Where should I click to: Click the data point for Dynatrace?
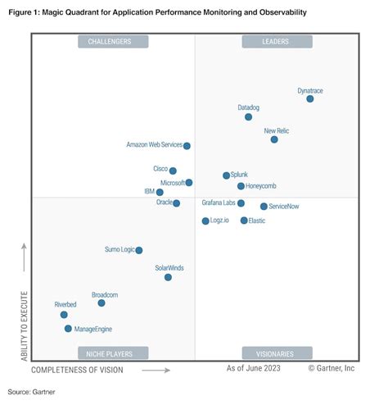point(310,98)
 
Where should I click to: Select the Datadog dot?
point(249,117)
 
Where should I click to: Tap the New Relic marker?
point(274,139)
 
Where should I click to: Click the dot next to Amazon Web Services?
point(187,146)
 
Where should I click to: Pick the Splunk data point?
point(227,175)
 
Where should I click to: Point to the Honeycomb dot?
point(241,186)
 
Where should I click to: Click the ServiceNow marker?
point(264,207)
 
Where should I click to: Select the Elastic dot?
point(244,221)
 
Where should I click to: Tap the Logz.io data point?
point(205,221)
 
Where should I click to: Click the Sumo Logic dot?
point(139,250)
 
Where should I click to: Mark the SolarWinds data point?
point(168,277)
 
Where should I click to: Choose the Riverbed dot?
point(64,314)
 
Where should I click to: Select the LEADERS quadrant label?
point(277,41)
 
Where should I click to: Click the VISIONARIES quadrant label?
point(277,353)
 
